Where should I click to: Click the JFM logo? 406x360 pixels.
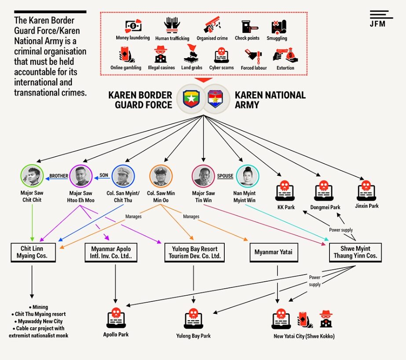[381, 18]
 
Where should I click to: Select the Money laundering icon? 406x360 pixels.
[133, 26]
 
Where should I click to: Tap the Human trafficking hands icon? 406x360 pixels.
[172, 25]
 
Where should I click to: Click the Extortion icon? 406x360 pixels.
[285, 55]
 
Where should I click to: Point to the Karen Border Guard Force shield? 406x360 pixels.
[191, 99]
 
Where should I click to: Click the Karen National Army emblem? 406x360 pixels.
[215, 99]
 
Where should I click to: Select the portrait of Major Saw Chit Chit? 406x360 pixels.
[32, 176]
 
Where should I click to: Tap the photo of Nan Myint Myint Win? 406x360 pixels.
[248, 176]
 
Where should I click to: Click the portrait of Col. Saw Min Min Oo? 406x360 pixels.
[161, 176]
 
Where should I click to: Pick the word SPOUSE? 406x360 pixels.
[225, 176]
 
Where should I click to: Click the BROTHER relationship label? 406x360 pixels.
[59, 176]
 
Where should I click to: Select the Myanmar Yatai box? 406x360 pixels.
[274, 252]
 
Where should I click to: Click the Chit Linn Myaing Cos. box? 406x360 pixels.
[33, 252]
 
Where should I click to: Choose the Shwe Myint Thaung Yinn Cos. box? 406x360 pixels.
[355, 252]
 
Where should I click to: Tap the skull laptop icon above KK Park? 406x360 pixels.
[285, 191]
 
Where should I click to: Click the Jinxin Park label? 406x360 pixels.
[367, 206]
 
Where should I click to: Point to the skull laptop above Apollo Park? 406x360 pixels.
[116, 318]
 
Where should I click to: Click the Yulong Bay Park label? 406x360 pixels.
[194, 336]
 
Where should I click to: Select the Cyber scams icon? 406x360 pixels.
[221, 55]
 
